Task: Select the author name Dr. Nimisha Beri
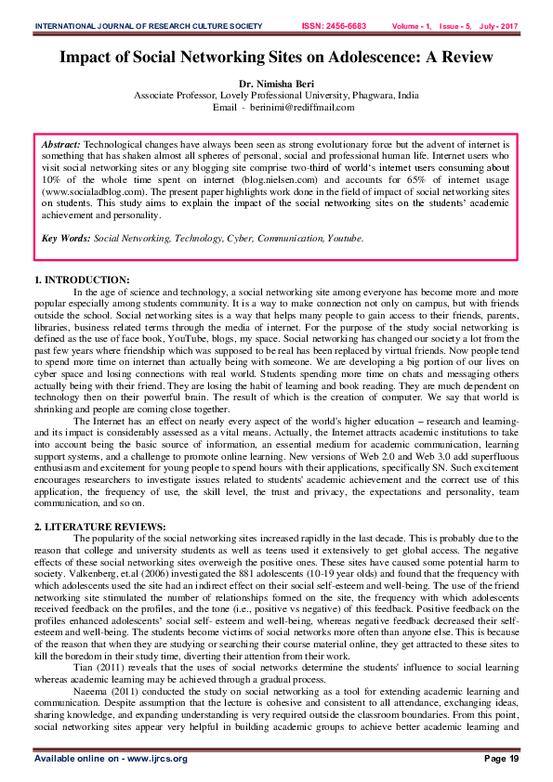click(276, 84)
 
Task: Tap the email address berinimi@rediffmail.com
click(303, 108)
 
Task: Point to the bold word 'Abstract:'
click(62, 147)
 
